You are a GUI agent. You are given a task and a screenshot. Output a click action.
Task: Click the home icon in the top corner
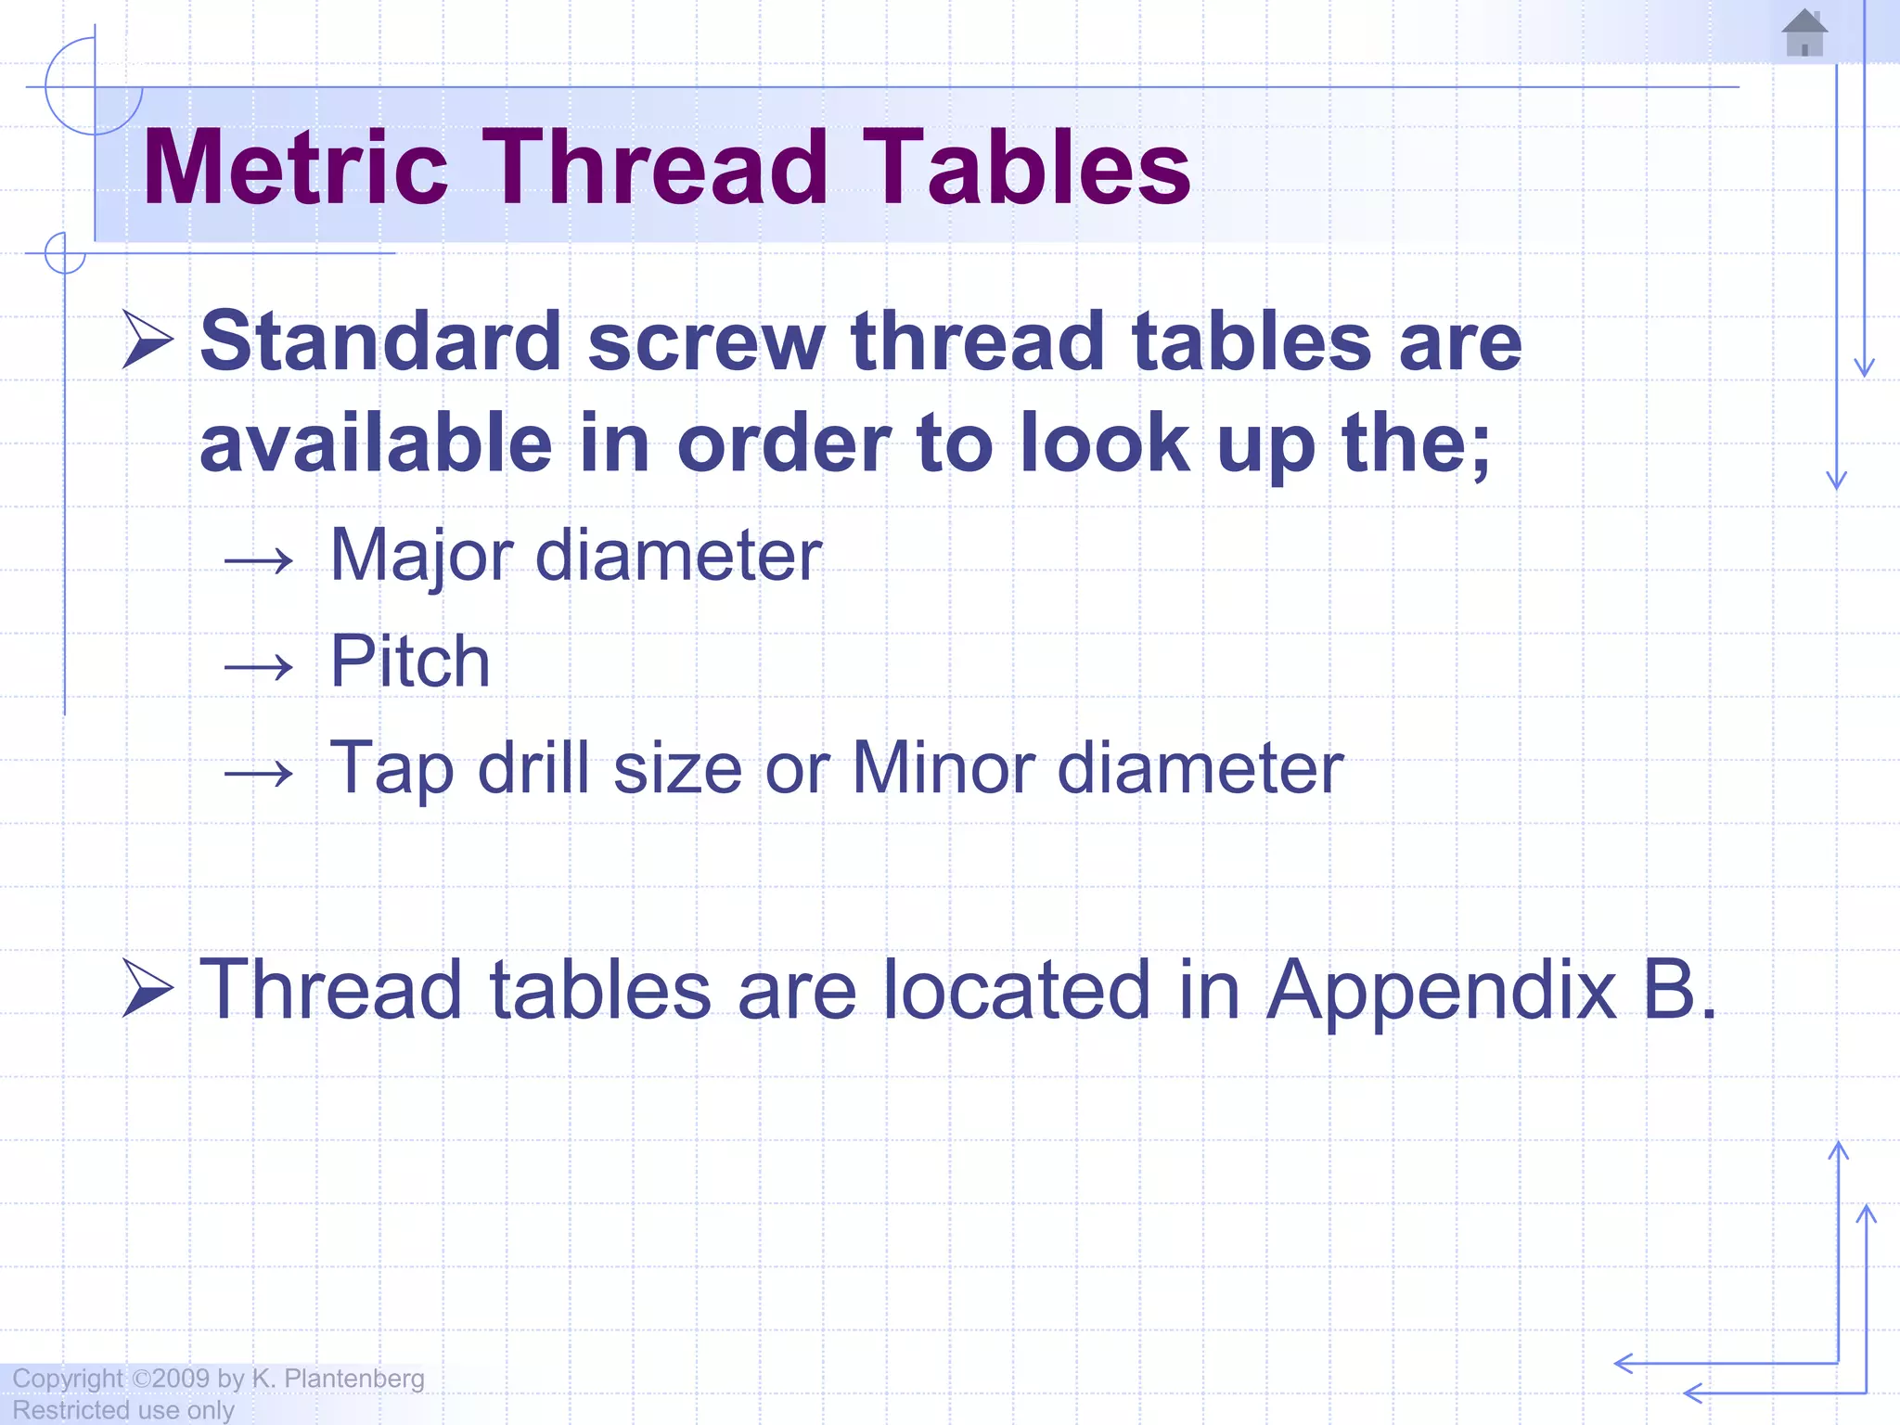(x=1804, y=33)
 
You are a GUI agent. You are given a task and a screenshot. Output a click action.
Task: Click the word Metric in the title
(x=295, y=168)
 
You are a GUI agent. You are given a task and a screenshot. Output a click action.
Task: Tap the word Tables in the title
(x=1027, y=168)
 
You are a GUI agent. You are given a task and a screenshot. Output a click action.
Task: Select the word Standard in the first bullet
(x=380, y=341)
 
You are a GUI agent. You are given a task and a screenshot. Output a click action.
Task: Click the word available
(x=376, y=443)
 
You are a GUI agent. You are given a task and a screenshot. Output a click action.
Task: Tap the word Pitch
(x=410, y=661)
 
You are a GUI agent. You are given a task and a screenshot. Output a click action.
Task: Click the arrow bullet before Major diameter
(x=259, y=560)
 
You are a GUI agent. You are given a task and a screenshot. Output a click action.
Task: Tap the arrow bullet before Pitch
(x=259, y=666)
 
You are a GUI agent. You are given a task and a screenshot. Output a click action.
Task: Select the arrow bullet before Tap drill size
(x=259, y=773)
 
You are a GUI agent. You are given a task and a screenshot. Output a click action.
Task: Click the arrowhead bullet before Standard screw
(x=148, y=340)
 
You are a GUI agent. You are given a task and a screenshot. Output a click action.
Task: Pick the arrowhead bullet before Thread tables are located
(x=148, y=989)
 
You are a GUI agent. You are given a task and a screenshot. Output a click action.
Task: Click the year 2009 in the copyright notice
(x=181, y=1379)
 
